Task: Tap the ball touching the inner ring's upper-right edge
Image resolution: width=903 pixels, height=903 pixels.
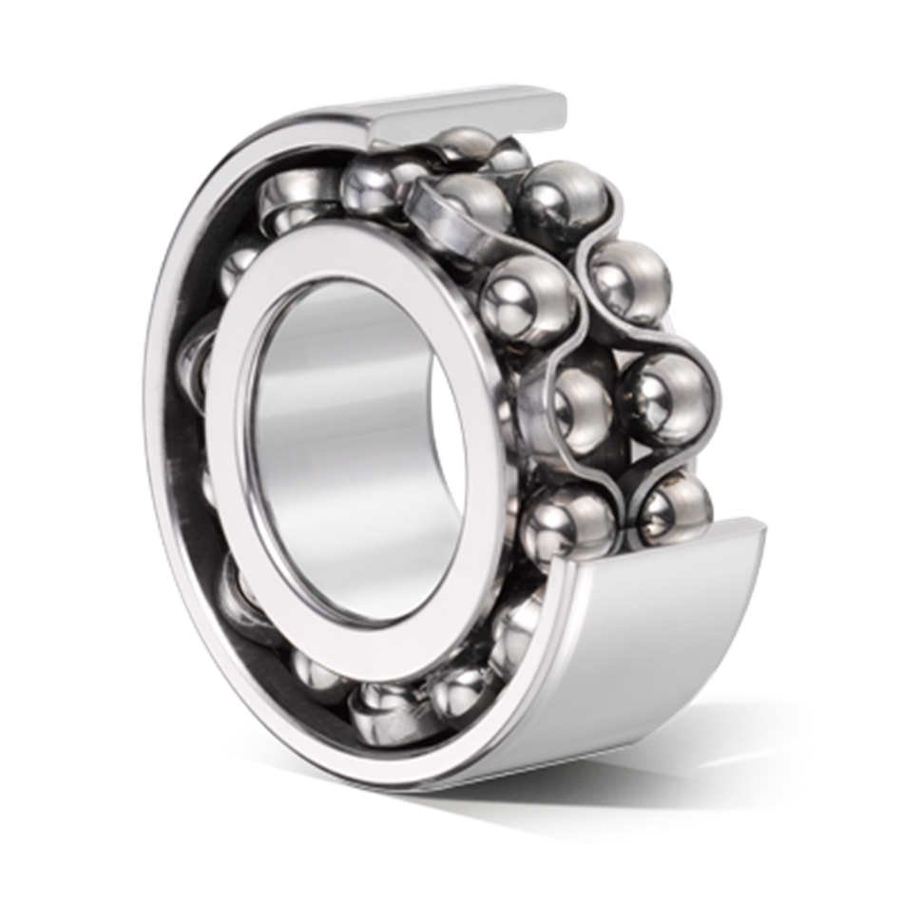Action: pos(523,295)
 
